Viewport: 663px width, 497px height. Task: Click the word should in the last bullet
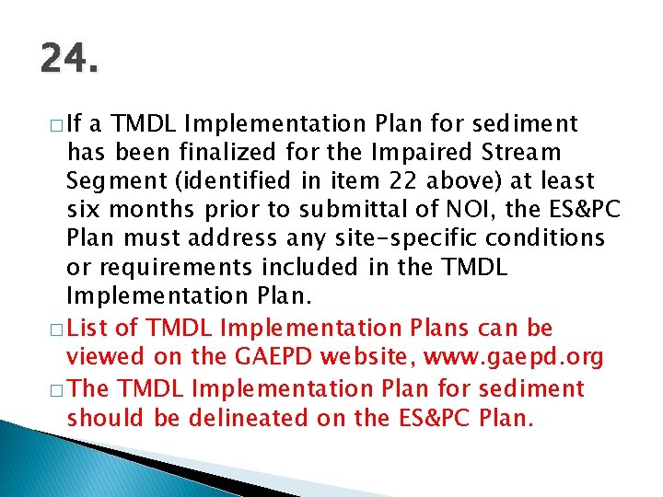(101, 417)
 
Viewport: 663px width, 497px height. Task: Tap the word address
(230, 239)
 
